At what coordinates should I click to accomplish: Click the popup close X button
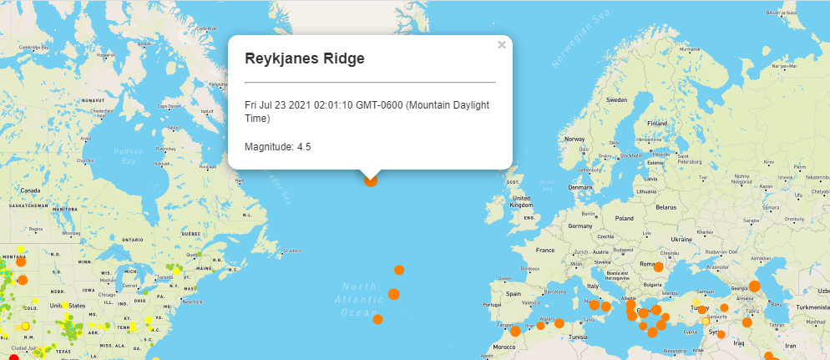[502, 45]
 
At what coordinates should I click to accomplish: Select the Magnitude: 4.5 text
[278, 147]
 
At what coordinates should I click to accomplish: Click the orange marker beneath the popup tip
[371, 180]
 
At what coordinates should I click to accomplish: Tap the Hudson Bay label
[129, 155]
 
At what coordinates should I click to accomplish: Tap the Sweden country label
[616, 99]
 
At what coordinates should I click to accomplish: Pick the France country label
[545, 250]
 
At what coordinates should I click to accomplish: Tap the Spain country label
[513, 294]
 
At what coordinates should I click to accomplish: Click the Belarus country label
[666, 206]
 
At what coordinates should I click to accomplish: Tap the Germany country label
[579, 226]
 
